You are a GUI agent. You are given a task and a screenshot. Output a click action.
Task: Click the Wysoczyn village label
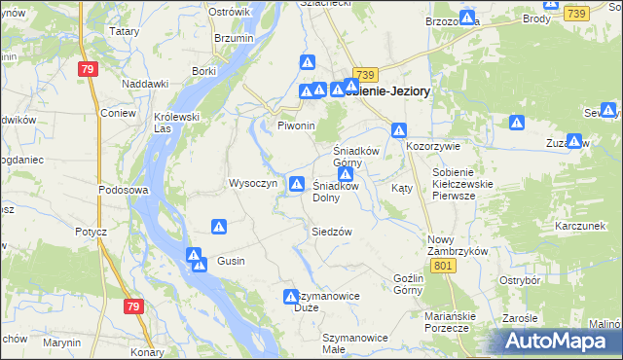(x=253, y=183)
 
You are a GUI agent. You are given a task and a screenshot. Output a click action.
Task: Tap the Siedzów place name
(x=331, y=232)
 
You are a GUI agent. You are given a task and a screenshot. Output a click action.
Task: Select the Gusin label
(x=231, y=261)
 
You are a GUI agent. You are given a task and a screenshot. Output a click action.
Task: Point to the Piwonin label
(x=297, y=126)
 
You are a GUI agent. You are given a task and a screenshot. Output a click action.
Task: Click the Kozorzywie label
(x=431, y=145)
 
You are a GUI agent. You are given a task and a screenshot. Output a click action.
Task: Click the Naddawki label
(x=147, y=84)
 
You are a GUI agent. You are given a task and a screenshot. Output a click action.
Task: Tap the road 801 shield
(x=443, y=266)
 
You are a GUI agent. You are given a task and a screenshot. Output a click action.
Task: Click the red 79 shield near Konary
(x=133, y=306)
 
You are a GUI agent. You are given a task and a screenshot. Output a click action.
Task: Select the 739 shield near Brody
(x=576, y=13)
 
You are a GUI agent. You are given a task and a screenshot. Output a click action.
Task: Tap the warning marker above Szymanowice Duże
(x=290, y=297)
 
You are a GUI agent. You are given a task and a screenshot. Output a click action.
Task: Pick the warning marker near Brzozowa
(x=468, y=18)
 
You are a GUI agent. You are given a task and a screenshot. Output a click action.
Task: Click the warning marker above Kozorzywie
(x=399, y=129)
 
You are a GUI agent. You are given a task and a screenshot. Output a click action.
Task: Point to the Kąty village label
(x=401, y=188)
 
